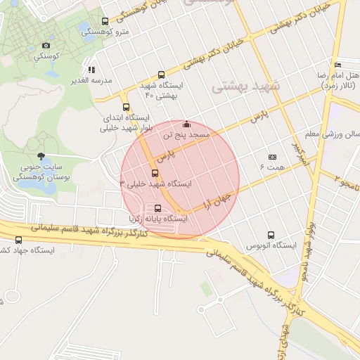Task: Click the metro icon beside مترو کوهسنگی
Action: [105, 21]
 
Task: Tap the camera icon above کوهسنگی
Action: [47, 44]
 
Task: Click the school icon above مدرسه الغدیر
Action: [91, 70]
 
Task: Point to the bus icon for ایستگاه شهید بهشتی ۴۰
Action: [162, 75]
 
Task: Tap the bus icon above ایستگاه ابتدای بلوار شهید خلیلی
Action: [126, 108]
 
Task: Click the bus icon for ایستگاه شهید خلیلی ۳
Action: [155, 173]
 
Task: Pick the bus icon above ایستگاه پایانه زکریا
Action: [157, 209]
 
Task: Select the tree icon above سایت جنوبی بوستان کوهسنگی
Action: [41, 155]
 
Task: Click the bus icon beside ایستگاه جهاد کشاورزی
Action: [18, 240]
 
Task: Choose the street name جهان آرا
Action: [208, 194]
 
